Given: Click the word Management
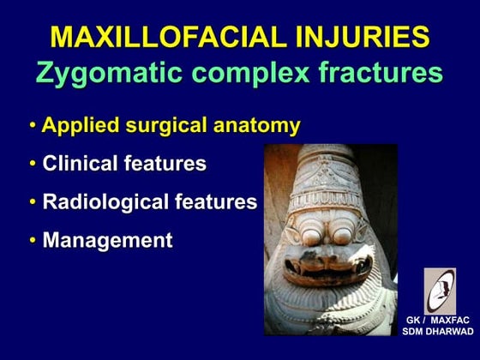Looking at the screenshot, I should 107,241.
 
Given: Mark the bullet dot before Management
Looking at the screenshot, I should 33,241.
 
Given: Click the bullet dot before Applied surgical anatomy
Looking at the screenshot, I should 33,126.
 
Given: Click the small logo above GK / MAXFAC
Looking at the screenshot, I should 440,290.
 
